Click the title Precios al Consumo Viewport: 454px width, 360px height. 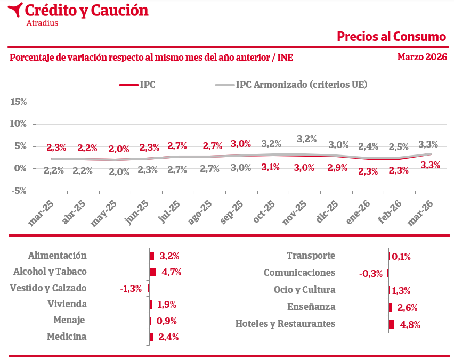(x=391, y=36)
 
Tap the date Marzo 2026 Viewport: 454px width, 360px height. (x=422, y=57)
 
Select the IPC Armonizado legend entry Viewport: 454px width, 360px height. (x=302, y=84)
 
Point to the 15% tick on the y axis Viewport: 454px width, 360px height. (x=19, y=102)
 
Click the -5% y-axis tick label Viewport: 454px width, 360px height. (x=19, y=191)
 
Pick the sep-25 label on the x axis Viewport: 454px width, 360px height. (x=233, y=212)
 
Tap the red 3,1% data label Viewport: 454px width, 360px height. (x=271, y=167)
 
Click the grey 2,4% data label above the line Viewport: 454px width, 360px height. (x=368, y=146)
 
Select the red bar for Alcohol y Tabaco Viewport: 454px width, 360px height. (x=153, y=272)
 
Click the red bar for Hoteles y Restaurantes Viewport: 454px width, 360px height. (x=392, y=324)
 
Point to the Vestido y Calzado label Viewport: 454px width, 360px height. (x=48, y=288)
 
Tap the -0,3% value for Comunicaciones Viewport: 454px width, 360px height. (x=371, y=273)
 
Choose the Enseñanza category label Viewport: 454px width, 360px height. (x=311, y=307)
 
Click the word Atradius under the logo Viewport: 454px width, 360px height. (x=42, y=23)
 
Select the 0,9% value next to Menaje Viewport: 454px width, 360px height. (x=166, y=321)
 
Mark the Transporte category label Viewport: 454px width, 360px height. (x=311, y=256)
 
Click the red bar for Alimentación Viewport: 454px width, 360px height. (x=152, y=256)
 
